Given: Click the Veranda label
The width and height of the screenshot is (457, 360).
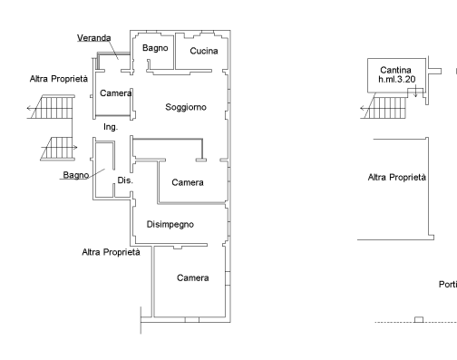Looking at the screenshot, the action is pos(94,38).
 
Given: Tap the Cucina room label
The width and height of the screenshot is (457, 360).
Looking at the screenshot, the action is pos(204,51).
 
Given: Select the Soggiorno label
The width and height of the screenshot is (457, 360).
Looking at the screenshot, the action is pos(186,107).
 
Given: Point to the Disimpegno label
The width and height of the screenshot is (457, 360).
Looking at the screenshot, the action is pos(170,224).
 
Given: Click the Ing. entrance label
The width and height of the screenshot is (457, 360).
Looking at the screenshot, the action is pos(111,127).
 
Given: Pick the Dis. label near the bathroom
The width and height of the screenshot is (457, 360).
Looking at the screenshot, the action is pos(125,180).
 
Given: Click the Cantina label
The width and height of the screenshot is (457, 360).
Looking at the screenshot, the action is pos(395,70).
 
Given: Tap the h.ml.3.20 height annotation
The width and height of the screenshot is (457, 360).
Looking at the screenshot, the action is pos(397,79).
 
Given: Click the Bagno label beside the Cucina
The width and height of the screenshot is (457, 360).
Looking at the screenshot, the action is pos(155,48).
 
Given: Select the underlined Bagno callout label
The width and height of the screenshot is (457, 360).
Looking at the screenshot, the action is pos(76,175).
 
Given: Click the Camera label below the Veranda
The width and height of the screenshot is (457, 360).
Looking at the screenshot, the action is pos(116,93).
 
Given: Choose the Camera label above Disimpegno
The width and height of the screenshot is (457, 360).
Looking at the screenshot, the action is pos(188,182).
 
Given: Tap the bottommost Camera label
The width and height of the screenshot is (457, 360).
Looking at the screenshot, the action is pos(192,277).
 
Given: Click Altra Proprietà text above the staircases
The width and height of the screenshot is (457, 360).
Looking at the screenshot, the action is pos(59,79).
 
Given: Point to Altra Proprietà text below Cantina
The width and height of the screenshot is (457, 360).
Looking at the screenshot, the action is pos(397,177).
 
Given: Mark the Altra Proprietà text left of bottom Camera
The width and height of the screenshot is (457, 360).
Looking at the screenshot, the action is pos(111,252).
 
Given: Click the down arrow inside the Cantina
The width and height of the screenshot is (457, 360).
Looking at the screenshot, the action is pos(415,91).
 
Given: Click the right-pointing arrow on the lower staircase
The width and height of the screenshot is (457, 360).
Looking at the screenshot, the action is pos(59,148).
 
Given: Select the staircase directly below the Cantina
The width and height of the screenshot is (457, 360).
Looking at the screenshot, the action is pos(384,106).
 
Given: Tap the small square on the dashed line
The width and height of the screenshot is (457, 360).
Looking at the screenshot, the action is pos(419,319).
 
